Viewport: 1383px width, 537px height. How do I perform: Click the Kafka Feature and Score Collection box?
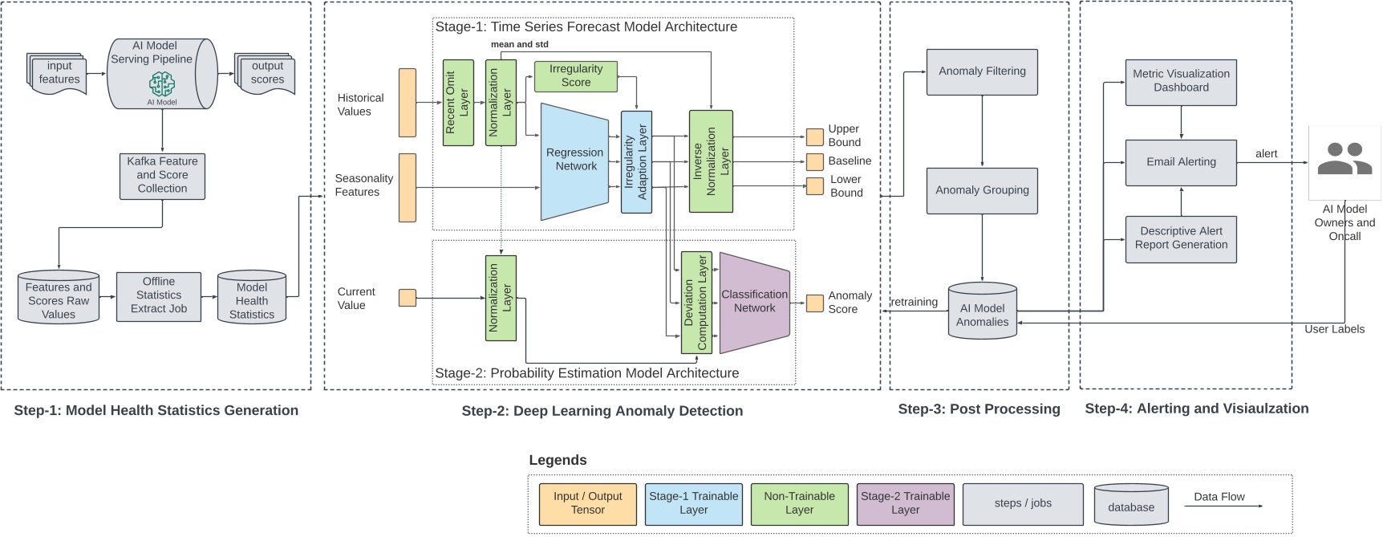(162, 176)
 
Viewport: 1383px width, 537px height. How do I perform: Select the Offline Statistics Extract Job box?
(159, 296)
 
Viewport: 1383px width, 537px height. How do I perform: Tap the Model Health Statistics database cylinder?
(252, 298)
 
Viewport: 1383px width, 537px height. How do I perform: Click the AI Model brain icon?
(162, 83)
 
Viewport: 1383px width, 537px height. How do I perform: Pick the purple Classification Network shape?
(754, 303)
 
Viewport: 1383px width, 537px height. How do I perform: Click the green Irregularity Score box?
(575, 76)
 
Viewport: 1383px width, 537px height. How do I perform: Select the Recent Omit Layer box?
(458, 103)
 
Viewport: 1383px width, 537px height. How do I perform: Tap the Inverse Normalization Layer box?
(711, 161)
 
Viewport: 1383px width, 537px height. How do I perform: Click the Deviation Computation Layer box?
(696, 303)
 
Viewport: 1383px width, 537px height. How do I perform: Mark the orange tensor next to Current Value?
(408, 298)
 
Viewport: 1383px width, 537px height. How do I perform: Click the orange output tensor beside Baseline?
(814, 161)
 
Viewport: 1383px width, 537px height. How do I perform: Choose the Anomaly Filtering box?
(982, 71)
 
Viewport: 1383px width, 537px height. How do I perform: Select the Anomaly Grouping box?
(982, 190)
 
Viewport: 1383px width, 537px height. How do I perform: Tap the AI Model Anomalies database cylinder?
(982, 311)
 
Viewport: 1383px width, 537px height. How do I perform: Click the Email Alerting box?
(1181, 162)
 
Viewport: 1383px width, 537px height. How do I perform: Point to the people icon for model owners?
(1344, 160)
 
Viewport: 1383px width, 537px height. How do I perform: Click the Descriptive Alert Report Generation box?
(1181, 238)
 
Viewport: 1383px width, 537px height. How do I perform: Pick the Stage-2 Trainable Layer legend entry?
(905, 503)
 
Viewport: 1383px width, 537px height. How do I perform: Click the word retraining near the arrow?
(914, 302)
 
